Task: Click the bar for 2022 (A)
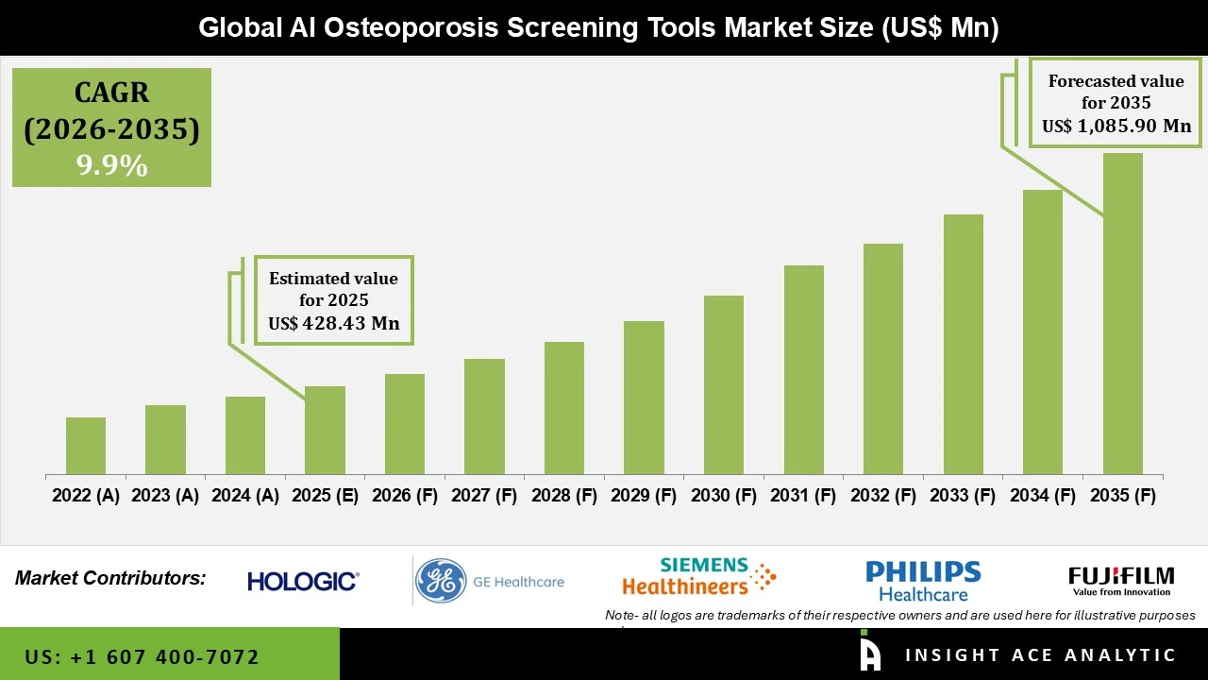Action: pyautogui.click(x=86, y=446)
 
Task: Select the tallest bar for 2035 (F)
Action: pyautogui.click(x=1122, y=314)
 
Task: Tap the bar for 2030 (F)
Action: pyautogui.click(x=724, y=384)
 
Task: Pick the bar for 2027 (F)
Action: pyautogui.click(x=484, y=416)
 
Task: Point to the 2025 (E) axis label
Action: pyautogui.click(x=325, y=496)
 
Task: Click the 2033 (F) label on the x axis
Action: pyautogui.click(x=963, y=496)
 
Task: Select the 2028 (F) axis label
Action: pyautogui.click(x=564, y=496)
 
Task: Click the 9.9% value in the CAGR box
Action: pyautogui.click(x=112, y=166)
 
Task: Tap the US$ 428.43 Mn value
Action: pyautogui.click(x=334, y=324)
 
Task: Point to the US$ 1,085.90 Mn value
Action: pyautogui.click(x=1116, y=126)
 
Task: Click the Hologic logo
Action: pyautogui.click(x=303, y=581)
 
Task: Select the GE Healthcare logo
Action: pyautogui.click(x=491, y=581)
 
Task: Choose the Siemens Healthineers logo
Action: pyautogui.click(x=698, y=576)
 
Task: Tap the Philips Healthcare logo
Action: pyautogui.click(x=923, y=581)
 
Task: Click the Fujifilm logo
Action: pyautogui.click(x=1121, y=580)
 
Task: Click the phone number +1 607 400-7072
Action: pyautogui.click(x=142, y=656)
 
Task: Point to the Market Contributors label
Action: pyautogui.click(x=110, y=578)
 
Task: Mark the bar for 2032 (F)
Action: pyautogui.click(x=882, y=359)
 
